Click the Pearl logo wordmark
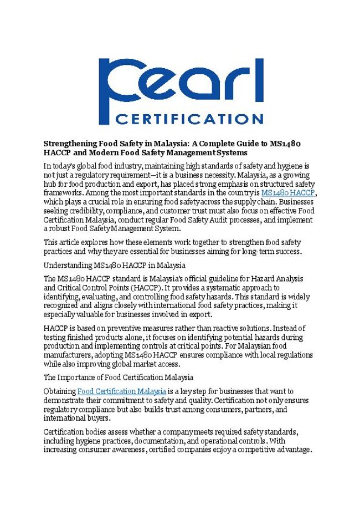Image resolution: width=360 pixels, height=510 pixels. (180, 84)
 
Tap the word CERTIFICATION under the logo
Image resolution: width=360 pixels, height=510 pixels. (189, 118)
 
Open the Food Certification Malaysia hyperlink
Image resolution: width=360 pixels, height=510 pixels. (121, 391)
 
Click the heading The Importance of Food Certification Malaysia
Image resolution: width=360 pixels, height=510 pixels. (119, 377)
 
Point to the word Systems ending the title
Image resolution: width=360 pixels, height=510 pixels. (232, 151)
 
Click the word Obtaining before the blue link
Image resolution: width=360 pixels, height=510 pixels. (59, 391)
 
